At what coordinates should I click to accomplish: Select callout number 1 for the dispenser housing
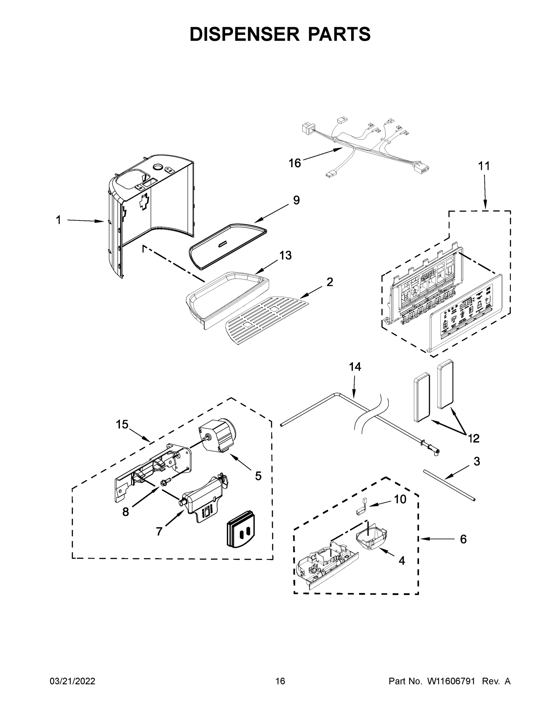[x=58, y=220]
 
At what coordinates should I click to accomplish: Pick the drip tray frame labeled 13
[x=229, y=295]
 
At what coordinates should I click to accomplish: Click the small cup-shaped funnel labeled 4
[x=372, y=539]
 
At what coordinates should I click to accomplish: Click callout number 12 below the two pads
[x=474, y=438]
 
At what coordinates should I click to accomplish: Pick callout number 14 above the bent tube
[x=355, y=367]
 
